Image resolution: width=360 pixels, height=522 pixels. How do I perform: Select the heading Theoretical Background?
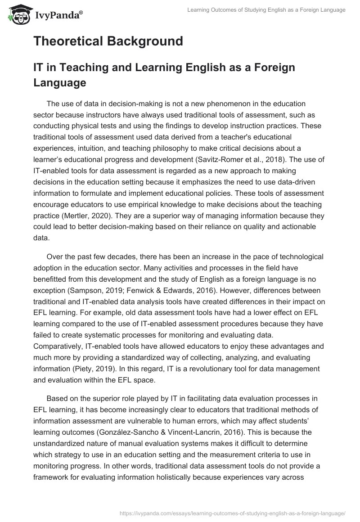108,41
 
